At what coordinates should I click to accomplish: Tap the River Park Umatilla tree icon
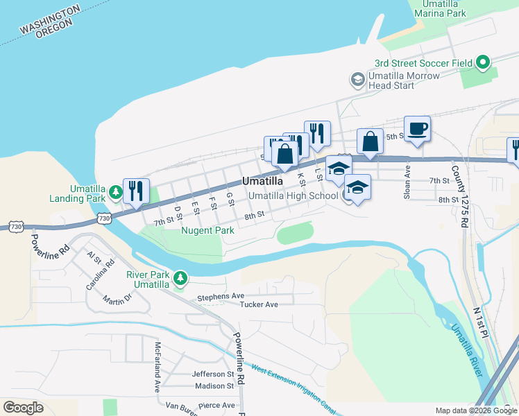click(180, 279)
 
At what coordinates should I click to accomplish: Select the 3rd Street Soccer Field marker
click(484, 63)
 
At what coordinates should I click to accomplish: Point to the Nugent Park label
click(207, 230)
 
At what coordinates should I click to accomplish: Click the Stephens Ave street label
click(221, 297)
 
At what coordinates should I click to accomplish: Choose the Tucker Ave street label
click(259, 304)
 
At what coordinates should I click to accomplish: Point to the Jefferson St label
click(213, 374)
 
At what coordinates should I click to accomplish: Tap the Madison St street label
click(214, 386)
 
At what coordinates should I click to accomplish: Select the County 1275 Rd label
click(457, 196)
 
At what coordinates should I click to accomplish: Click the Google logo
click(23, 407)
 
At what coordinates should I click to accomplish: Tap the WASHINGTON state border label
click(48, 21)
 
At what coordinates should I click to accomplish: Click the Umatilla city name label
click(262, 181)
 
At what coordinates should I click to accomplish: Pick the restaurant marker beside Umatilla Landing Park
click(135, 191)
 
